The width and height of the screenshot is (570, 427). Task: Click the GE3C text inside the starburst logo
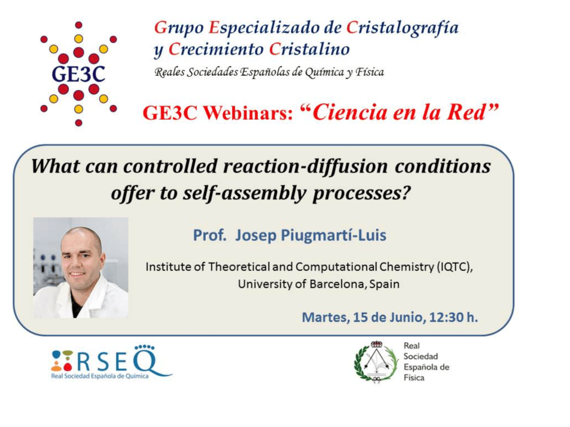pyautogui.click(x=79, y=74)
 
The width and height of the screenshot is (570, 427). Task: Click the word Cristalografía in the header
pyautogui.click(x=402, y=28)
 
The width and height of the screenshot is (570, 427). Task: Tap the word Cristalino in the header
pyautogui.click(x=310, y=49)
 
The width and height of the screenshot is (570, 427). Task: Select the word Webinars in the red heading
pyautogui.click(x=248, y=113)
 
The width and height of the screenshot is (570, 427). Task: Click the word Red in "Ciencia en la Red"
pyautogui.click(x=466, y=112)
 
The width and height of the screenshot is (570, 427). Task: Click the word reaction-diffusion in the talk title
pyautogui.click(x=306, y=166)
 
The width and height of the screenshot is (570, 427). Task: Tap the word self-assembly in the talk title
pyautogui.click(x=244, y=193)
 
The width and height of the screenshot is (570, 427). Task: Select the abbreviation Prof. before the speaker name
pyautogui.click(x=210, y=235)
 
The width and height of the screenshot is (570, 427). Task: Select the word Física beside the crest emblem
pyautogui.click(x=413, y=378)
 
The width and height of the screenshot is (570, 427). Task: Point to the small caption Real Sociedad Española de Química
pyautogui.click(x=100, y=376)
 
